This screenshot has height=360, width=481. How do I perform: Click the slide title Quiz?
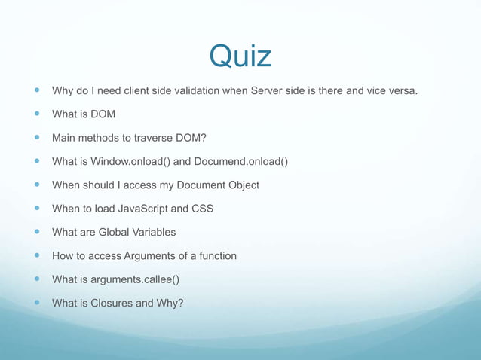click(240, 56)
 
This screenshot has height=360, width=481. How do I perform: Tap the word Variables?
click(153, 232)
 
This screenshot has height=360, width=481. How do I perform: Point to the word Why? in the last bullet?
click(170, 303)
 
